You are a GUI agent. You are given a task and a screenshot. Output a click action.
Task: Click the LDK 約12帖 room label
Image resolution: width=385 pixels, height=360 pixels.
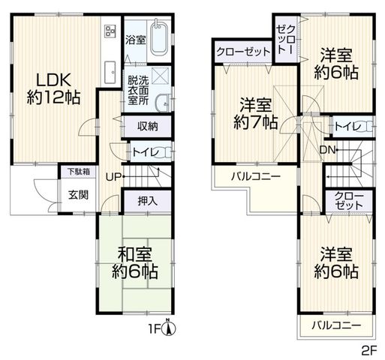(53, 88)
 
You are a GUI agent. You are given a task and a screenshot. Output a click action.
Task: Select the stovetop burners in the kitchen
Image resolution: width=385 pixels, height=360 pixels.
(110, 31)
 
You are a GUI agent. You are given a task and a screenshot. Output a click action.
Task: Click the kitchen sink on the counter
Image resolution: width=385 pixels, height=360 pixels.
(110, 73)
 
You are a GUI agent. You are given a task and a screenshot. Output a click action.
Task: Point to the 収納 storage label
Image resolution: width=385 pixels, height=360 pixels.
(148, 127)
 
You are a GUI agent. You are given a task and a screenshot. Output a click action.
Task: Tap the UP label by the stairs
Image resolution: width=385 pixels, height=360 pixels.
(113, 177)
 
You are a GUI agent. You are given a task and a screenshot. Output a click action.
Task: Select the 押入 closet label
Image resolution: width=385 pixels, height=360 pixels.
(148, 201)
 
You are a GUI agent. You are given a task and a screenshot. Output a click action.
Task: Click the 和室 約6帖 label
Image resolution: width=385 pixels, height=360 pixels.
(135, 262)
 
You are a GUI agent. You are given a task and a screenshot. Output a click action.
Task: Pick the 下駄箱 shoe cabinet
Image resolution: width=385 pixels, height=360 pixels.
(79, 172)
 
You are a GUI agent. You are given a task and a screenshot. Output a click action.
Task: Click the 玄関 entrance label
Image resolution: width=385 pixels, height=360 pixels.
(79, 195)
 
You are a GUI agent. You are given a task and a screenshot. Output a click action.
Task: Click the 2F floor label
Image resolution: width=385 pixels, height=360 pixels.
(369, 351)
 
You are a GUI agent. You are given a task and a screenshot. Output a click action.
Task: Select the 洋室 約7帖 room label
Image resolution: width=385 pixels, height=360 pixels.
(256, 114)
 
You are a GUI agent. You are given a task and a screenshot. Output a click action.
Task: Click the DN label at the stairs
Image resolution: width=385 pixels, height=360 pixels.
(327, 150)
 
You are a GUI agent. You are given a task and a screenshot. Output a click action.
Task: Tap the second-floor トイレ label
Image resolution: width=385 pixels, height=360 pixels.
(347, 127)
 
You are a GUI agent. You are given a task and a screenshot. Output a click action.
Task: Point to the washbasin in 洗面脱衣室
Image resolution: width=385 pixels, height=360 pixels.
(163, 103)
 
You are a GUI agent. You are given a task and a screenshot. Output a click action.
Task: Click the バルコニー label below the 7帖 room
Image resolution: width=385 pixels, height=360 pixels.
(256, 177)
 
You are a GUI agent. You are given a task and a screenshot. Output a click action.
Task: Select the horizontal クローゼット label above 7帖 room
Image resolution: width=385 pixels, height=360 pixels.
(243, 52)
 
